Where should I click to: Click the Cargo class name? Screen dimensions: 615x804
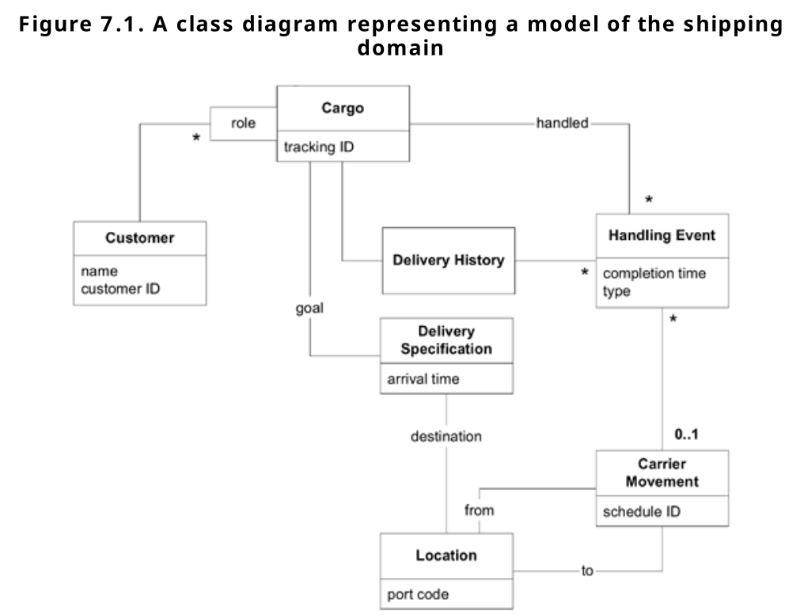pos(343,108)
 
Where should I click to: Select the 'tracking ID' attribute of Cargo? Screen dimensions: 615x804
pos(313,147)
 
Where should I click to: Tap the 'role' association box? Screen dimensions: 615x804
pos(243,123)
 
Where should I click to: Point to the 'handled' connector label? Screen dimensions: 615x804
pos(562,123)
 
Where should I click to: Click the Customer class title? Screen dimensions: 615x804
pos(139,237)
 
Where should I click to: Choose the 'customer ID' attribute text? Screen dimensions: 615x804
pos(120,289)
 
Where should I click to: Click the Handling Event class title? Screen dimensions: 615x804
pos(662,235)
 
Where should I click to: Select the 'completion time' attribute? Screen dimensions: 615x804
pos(654,274)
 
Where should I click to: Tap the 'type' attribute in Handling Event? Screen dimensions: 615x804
pos(616,291)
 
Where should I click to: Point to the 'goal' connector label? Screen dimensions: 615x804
pos(309,309)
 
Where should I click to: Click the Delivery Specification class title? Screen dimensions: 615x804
pos(446,340)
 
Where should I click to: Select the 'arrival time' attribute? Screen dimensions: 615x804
pos(423,379)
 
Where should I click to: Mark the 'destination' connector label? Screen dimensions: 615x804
pos(446,436)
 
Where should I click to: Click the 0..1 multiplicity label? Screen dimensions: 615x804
pos(686,435)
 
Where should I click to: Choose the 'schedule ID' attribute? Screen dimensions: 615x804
pos(641,511)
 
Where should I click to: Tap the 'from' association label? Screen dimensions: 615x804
pos(479,511)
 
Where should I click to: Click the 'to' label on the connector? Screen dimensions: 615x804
pos(586,570)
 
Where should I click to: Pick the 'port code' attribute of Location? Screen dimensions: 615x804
pos(418,593)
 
